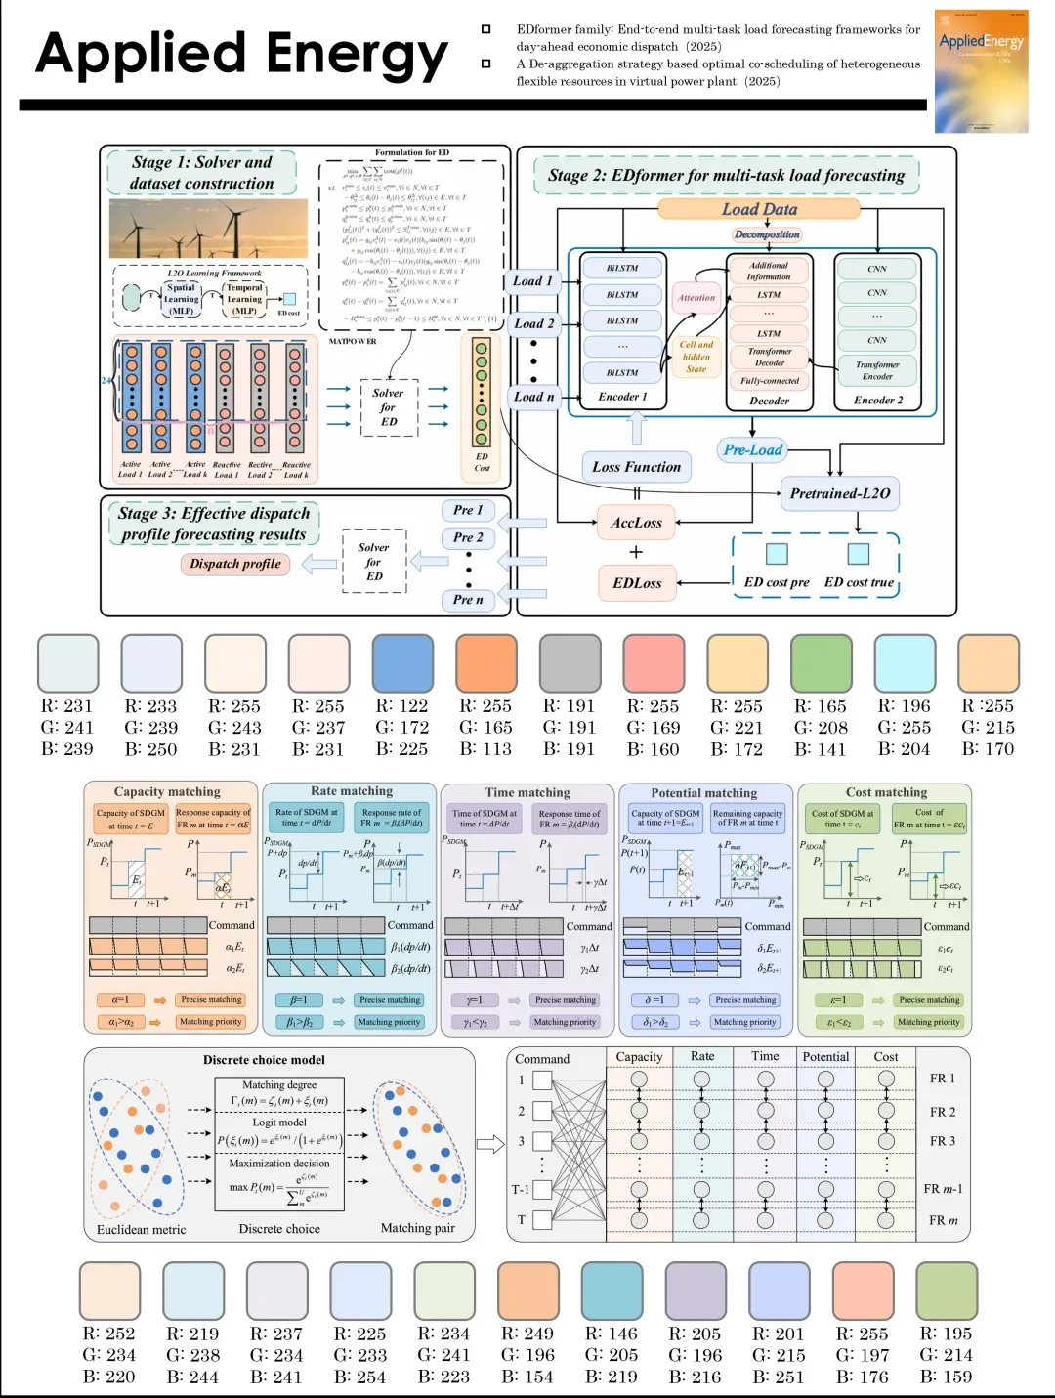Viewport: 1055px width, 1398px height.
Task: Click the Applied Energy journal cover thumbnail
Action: click(x=981, y=70)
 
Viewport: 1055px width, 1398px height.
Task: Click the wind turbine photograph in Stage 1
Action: click(x=207, y=229)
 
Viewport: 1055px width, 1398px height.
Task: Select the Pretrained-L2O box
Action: click(x=840, y=494)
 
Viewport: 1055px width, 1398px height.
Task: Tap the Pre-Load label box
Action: click(x=753, y=450)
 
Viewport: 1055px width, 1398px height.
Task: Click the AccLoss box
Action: click(x=636, y=524)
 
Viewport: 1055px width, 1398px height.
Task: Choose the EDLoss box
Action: click(x=637, y=583)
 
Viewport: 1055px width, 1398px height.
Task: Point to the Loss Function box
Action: click(x=636, y=467)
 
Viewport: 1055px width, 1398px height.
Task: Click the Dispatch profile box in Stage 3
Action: click(x=235, y=564)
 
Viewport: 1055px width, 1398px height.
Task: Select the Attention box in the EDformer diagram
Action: click(x=696, y=298)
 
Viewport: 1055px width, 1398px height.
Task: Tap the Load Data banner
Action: click(x=759, y=209)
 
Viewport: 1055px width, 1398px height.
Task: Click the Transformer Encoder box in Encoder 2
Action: click(x=877, y=370)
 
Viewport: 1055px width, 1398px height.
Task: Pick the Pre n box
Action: click(x=468, y=600)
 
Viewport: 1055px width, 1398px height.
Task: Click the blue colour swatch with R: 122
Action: click(x=401, y=663)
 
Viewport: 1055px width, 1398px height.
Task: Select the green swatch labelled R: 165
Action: click(x=822, y=663)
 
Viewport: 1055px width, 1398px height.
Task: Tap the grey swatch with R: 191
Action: click(x=570, y=663)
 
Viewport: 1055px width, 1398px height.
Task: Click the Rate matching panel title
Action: click(x=352, y=791)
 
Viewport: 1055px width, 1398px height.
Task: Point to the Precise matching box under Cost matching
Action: click(x=929, y=1000)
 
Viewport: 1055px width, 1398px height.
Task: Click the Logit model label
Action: click(x=279, y=1123)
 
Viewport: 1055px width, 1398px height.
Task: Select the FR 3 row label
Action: click(x=943, y=1141)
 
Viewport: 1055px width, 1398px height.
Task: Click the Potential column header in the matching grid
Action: click(x=825, y=1057)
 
